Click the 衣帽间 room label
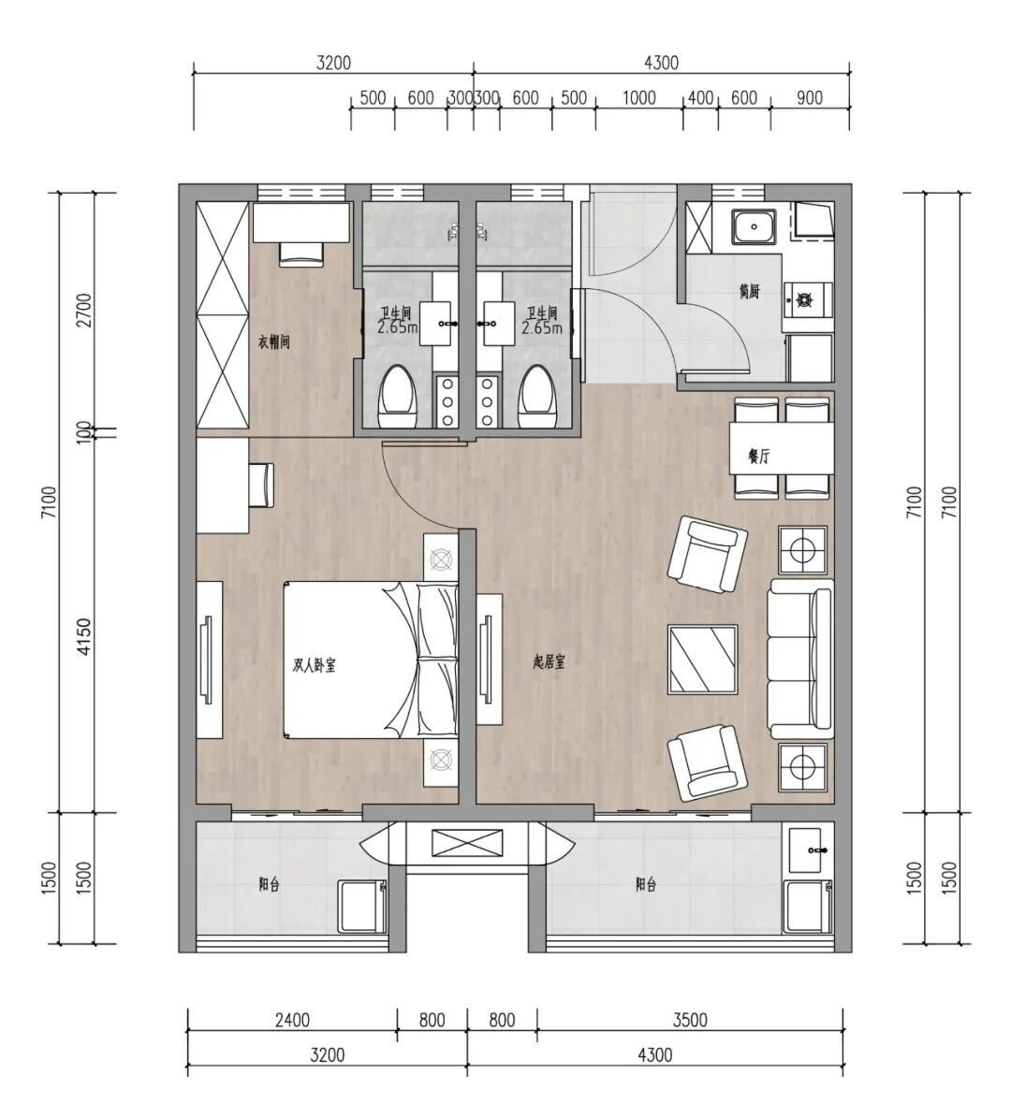[x=274, y=342]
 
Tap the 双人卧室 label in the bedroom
[x=315, y=665]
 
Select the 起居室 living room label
[x=549, y=661]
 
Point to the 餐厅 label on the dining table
[x=758, y=457]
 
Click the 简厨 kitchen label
[x=749, y=292]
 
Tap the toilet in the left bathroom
[x=395, y=397]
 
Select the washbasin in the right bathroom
[x=500, y=322]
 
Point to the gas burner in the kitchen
[x=808, y=300]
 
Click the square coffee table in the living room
[x=703, y=659]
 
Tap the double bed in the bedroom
[x=371, y=660]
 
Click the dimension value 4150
[x=84, y=637]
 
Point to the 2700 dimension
[x=84, y=311]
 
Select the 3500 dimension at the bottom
[x=690, y=1020]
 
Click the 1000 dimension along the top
[x=638, y=97]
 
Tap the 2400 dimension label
[x=292, y=1020]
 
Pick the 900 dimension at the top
[x=809, y=97]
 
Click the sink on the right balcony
[x=808, y=849]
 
